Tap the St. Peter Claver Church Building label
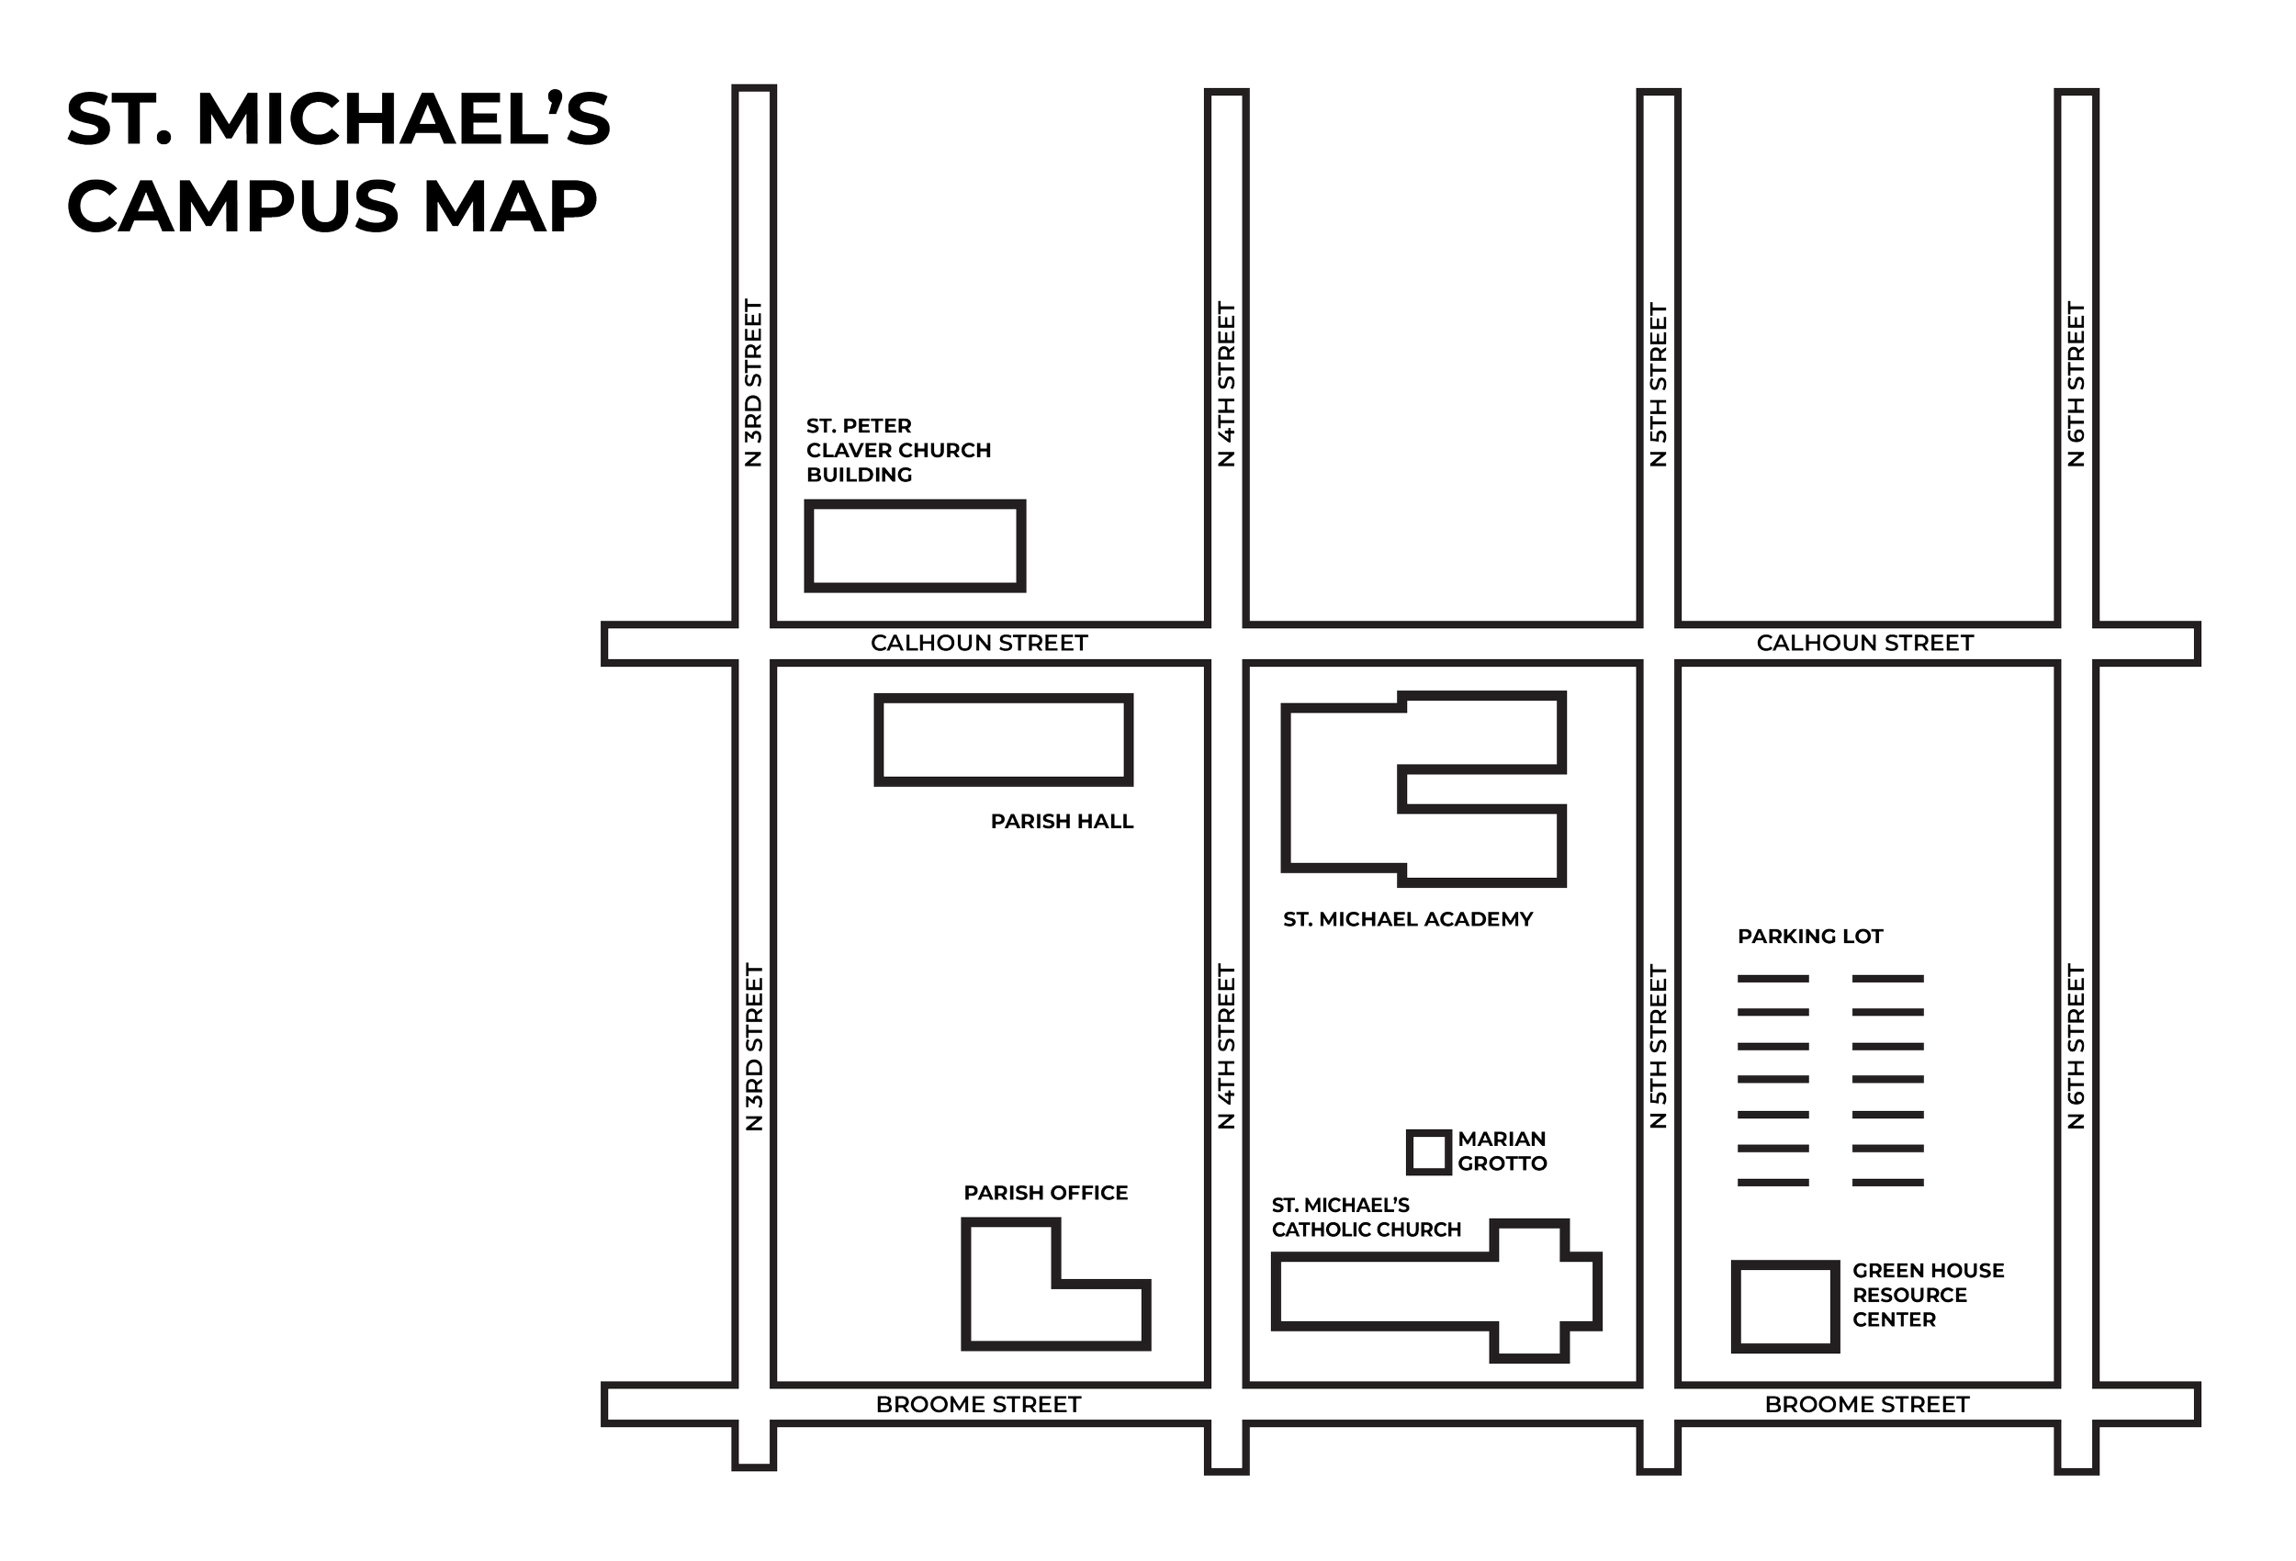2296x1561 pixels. coord(897,451)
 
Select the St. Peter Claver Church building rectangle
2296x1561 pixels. coord(914,545)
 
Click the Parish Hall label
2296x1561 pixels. coord(1062,821)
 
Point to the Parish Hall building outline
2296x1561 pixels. coord(1003,740)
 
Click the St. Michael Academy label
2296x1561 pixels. coord(1408,920)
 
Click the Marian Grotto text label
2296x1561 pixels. coord(1502,1151)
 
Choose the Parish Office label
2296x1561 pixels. coord(1045,1194)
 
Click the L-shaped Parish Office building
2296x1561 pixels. coord(1007,1304)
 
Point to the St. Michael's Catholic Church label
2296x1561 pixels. coord(1366,1218)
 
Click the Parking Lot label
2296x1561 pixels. coord(1811,937)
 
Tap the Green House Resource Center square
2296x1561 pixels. coord(1784,1307)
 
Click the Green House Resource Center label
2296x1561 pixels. coord(1927,1294)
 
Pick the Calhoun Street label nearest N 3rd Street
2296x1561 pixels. coord(978,643)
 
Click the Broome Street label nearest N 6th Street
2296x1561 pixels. coord(1866,1404)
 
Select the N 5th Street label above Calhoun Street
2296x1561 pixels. coord(1659,383)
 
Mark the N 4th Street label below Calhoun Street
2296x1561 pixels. coord(1226,1048)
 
